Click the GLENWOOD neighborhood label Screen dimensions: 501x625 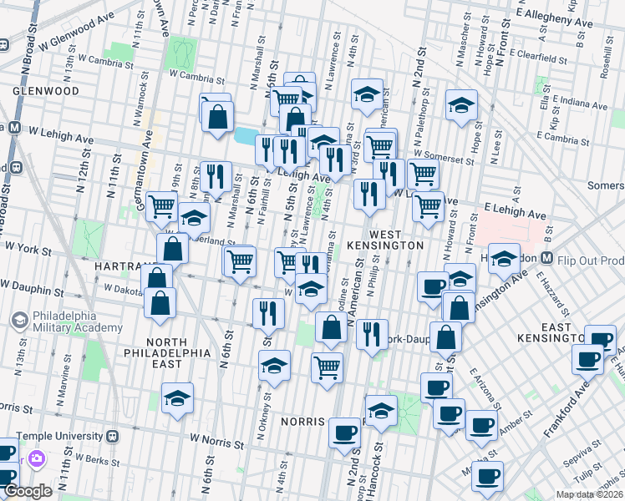tap(45, 91)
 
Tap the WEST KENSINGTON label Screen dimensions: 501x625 tap(393, 237)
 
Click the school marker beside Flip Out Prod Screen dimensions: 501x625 tap(505, 259)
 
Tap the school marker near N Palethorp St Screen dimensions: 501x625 tap(461, 105)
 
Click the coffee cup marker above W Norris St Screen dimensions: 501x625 tap(345, 433)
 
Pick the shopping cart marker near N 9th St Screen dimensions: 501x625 tap(161, 205)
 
